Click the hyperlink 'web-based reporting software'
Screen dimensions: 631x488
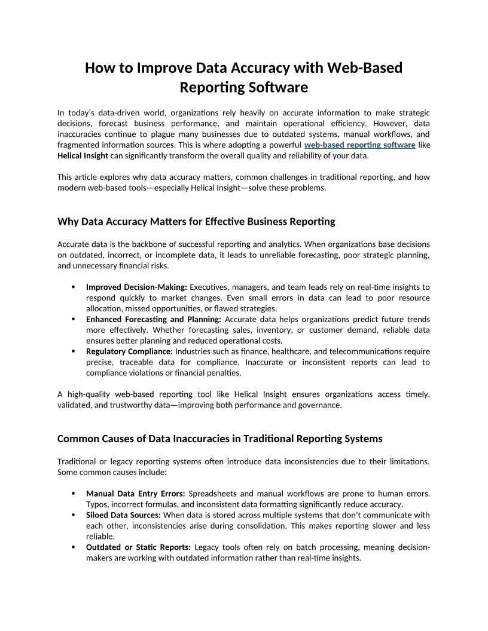pos(359,145)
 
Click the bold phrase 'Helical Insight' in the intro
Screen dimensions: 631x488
pos(83,156)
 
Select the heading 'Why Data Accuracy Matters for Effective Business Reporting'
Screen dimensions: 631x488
pos(196,222)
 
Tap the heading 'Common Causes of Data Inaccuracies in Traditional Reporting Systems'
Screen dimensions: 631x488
pos(219,439)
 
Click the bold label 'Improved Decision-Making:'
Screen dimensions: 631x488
pos(136,287)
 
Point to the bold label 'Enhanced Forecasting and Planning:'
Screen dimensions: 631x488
pos(153,320)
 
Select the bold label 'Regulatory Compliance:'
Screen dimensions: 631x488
pos(129,352)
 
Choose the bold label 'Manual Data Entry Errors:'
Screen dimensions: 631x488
pos(136,494)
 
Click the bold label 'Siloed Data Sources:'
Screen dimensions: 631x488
pos(123,515)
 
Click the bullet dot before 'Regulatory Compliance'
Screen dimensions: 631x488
pos(73,352)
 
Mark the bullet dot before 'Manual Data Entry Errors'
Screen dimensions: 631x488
pos(73,494)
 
